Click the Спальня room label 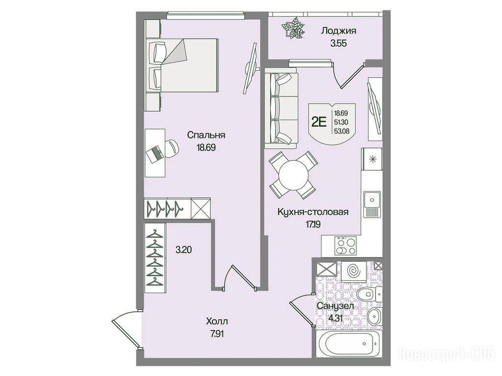pos(206,135)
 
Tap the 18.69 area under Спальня pos(206,147)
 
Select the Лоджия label pos(339,31)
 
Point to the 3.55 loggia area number pos(339,44)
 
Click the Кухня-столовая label pos(312,211)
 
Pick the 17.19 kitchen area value pos(312,224)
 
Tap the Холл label pos(217,321)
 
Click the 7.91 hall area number pos(217,334)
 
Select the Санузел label pos(335,306)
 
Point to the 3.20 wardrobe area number pos(183,249)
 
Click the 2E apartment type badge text pos(319,122)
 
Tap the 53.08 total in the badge pos(341,130)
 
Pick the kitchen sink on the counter pos(372,200)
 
